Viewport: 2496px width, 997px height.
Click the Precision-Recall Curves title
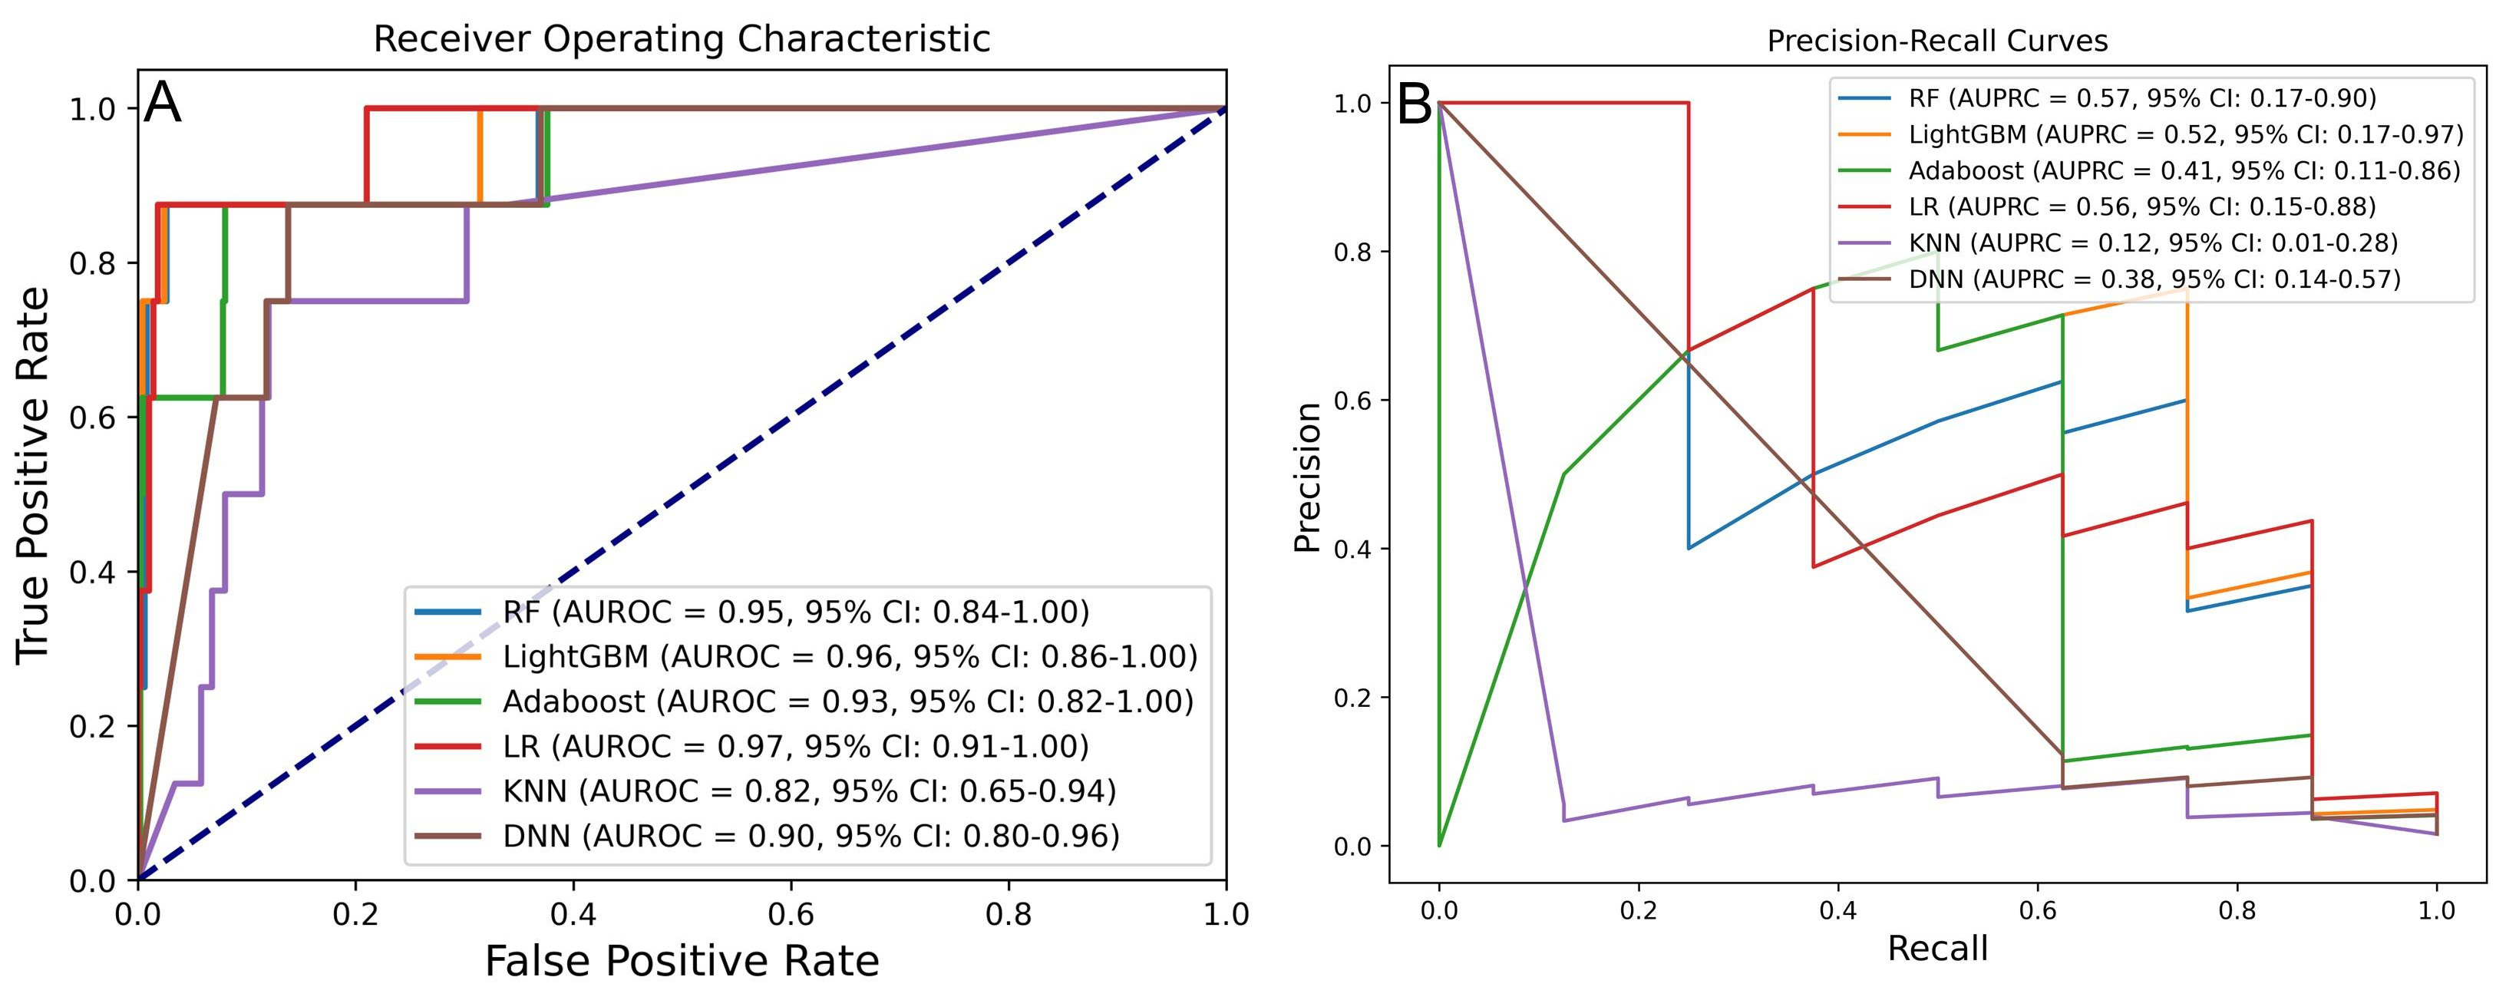point(1937,41)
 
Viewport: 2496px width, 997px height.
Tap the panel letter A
point(162,103)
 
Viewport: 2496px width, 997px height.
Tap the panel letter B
point(1414,104)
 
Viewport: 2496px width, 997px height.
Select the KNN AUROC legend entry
point(809,791)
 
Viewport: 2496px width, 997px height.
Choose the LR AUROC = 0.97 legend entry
point(795,747)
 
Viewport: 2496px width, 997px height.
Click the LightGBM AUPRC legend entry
point(2185,134)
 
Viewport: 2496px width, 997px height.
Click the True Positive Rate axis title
point(34,475)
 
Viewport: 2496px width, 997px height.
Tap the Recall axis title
point(1937,948)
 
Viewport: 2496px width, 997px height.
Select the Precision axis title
point(1308,477)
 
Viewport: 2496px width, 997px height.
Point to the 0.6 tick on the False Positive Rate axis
point(791,913)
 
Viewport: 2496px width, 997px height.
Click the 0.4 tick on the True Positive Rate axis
point(91,572)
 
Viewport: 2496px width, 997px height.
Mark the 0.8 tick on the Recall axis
point(2237,911)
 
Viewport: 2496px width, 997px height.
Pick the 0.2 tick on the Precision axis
point(1355,698)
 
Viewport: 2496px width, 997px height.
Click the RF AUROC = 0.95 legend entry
point(795,612)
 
